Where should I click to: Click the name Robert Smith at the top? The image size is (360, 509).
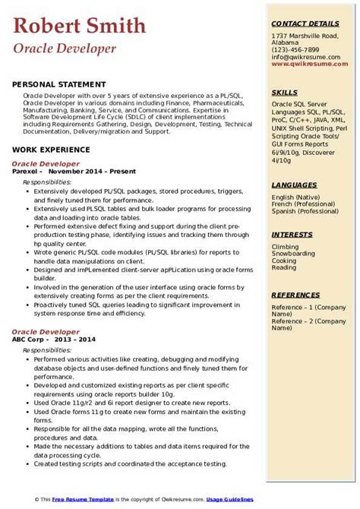(80, 26)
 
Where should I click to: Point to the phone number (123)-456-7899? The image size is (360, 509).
(295, 49)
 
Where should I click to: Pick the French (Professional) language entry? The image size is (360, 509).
(302, 205)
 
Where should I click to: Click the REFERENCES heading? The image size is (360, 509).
(295, 294)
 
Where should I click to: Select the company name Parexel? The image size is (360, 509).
(26, 172)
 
